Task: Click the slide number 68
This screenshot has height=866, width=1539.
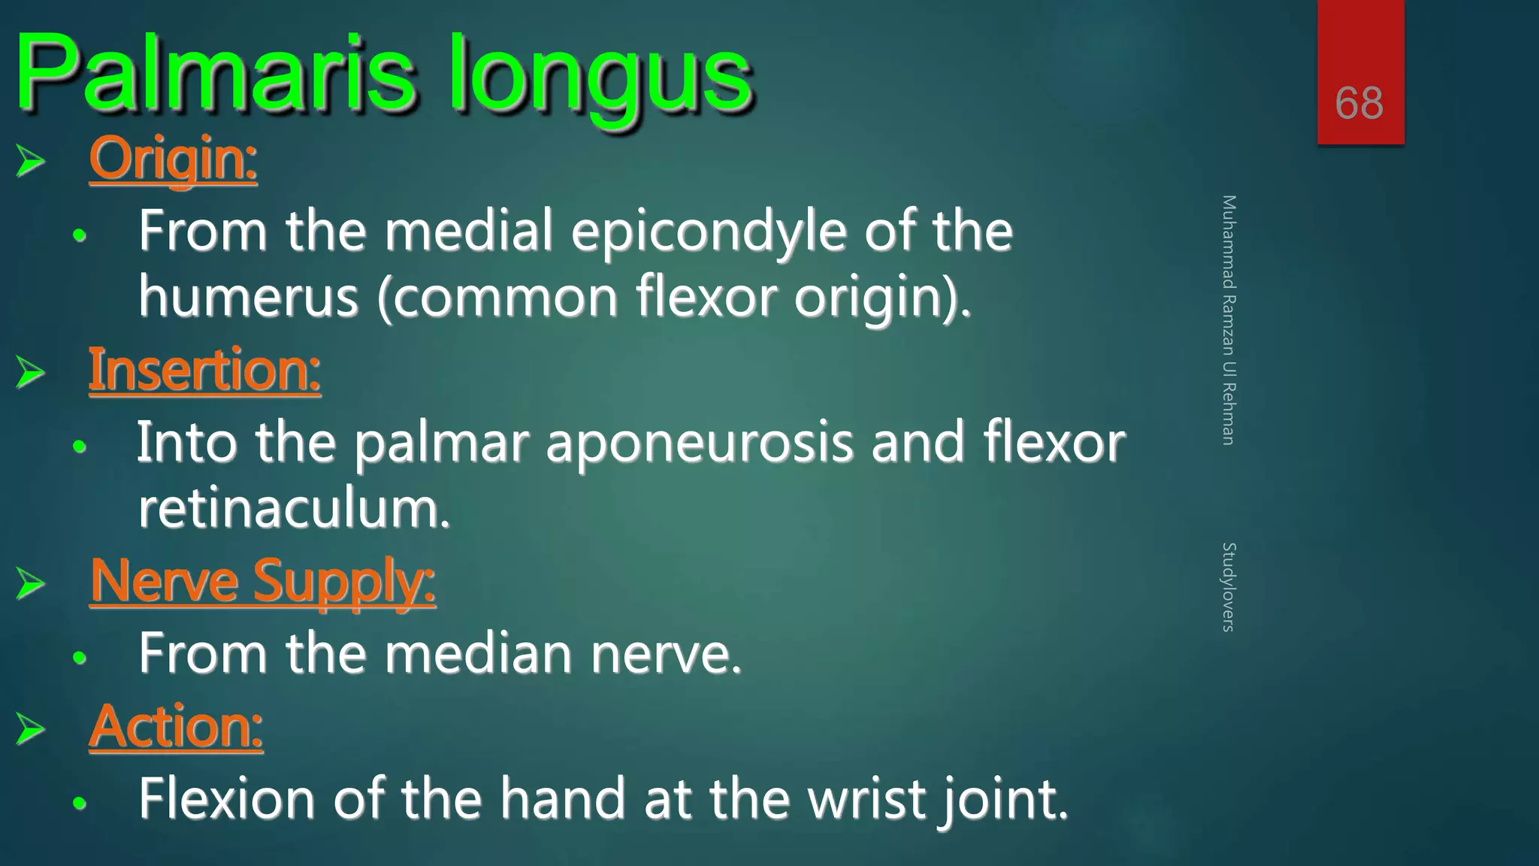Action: (x=1359, y=103)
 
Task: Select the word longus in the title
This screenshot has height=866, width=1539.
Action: (x=600, y=79)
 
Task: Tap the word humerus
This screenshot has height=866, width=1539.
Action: (x=249, y=298)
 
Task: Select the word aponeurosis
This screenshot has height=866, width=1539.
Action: (x=699, y=443)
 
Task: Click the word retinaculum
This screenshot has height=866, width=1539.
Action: (x=294, y=509)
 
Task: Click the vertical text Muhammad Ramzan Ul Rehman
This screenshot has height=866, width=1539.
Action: (x=1229, y=320)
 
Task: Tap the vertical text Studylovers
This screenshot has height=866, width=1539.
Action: (x=1229, y=587)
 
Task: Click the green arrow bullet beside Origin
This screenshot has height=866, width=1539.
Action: (x=30, y=160)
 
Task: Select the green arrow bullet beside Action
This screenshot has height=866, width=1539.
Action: (x=30, y=728)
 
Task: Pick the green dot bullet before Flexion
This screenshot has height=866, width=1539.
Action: (x=80, y=803)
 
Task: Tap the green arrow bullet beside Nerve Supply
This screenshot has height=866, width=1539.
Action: (x=30, y=583)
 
